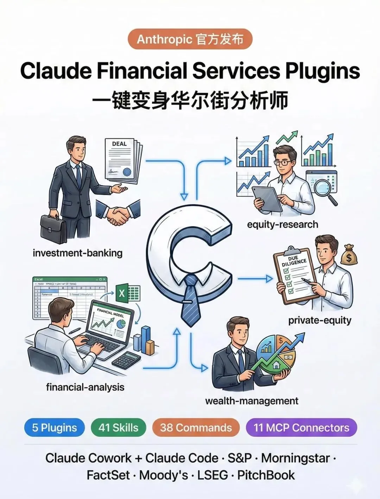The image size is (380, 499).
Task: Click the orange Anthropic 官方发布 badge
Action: click(x=190, y=39)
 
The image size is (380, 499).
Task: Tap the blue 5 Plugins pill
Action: click(x=55, y=428)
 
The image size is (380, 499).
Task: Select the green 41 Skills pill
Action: click(x=118, y=428)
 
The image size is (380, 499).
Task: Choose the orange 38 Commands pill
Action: click(x=196, y=428)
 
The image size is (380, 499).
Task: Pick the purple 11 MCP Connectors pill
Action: click(x=301, y=428)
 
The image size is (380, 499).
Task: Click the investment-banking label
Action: click(x=77, y=253)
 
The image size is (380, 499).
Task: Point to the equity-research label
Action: click(x=283, y=225)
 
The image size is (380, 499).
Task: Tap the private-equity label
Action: click(x=319, y=320)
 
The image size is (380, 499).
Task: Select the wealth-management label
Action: click(x=252, y=401)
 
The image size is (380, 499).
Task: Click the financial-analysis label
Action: click(x=85, y=387)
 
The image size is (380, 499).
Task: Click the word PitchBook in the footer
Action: click(x=266, y=475)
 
